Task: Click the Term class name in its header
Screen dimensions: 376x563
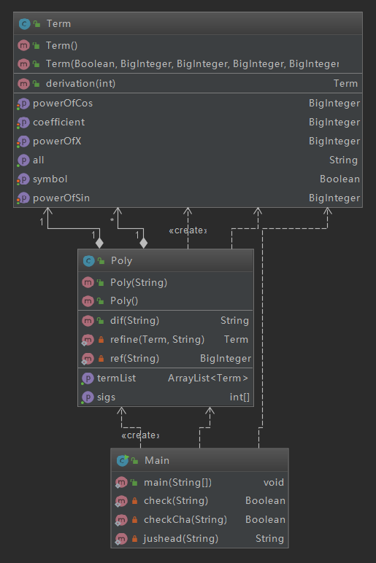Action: (x=58, y=23)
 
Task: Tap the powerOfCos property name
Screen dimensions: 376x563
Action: (x=63, y=103)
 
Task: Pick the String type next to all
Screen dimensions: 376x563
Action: (x=343, y=160)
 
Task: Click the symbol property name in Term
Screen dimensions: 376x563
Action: (x=50, y=179)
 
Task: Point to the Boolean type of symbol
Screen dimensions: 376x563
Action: (x=339, y=179)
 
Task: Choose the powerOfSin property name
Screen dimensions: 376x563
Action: (x=61, y=198)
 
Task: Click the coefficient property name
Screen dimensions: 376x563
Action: (x=59, y=122)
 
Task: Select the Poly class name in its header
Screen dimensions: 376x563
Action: (x=121, y=260)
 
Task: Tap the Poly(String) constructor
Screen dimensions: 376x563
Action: (x=139, y=282)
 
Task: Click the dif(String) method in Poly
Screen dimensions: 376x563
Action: (x=134, y=320)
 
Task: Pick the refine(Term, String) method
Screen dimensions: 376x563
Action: (x=157, y=339)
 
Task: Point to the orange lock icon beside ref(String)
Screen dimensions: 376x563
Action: (x=101, y=358)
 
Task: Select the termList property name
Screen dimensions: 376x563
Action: (x=117, y=378)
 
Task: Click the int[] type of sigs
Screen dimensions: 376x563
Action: (x=239, y=397)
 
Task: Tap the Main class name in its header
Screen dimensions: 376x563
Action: (x=157, y=460)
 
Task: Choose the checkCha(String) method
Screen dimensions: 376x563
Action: (x=185, y=519)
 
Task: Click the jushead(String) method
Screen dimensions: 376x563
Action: (x=181, y=539)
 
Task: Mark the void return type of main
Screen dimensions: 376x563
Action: (x=274, y=482)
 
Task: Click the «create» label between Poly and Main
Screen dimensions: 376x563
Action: (x=141, y=435)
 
